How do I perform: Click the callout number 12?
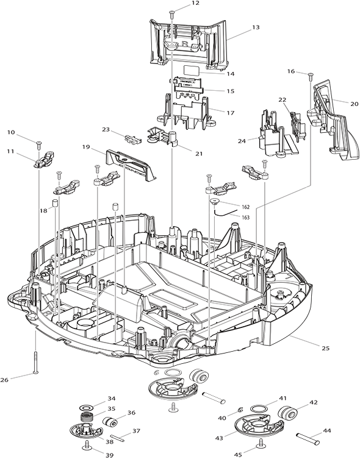[195, 3]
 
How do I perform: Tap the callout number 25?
[325, 348]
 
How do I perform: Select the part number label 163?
[246, 217]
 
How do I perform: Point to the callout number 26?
[4, 380]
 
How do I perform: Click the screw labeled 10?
[38, 144]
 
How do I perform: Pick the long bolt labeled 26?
[36, 362]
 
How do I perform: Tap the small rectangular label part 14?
[191, 70]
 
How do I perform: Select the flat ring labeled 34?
[86, 408]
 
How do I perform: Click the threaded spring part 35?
[87, 416]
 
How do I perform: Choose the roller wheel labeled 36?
[110, 422]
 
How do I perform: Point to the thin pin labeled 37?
[118, 437]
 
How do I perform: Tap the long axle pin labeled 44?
[308, 438]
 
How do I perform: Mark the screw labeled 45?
[261, 444]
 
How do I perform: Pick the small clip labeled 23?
[133, 139]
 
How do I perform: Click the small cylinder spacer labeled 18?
[55, 203]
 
